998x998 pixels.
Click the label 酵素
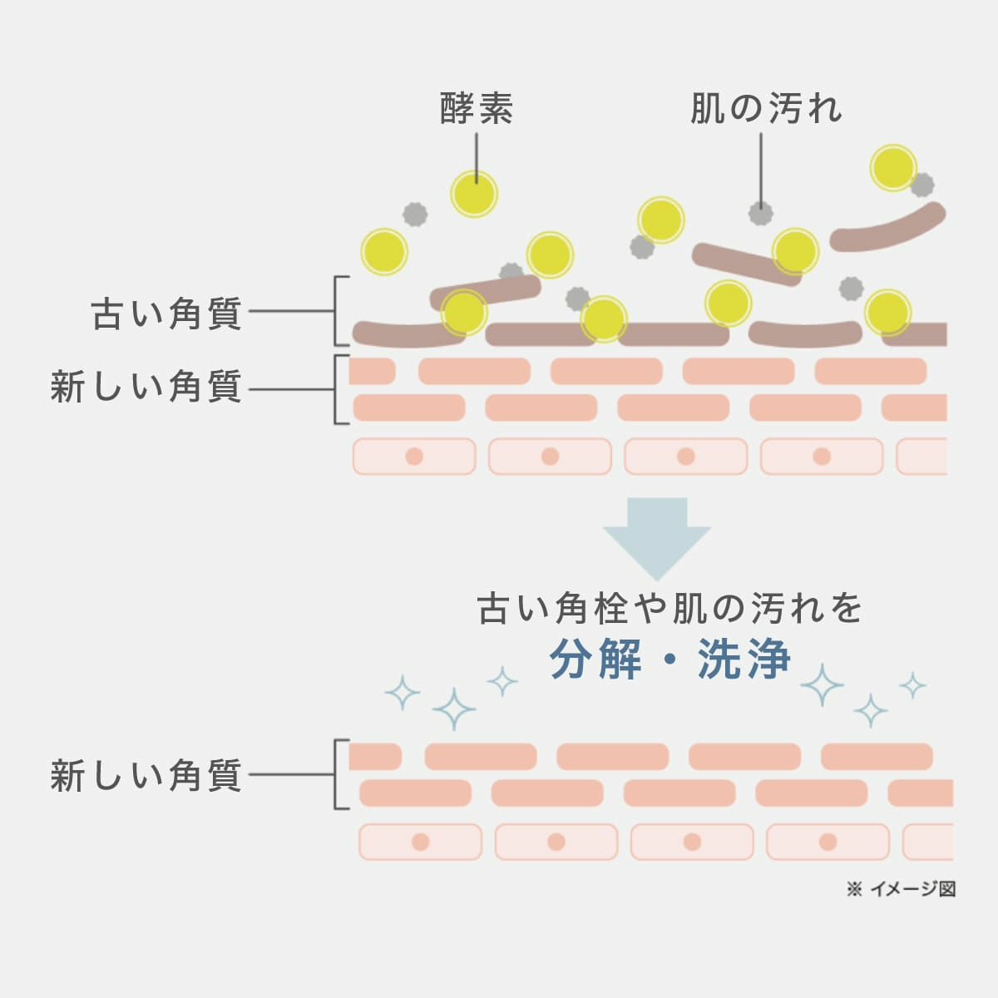[x=476, y=108]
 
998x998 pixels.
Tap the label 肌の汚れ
[x=765, y=108]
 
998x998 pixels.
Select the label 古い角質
[x=166, y=314]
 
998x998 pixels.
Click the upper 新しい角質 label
[x=146, y=388]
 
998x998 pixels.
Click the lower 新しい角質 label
[x=146, y=776]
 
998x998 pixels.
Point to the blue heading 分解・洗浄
[x=669, y=660]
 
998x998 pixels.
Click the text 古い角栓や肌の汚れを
[x=669, y=609]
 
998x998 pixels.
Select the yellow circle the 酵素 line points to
[x=474, y=195]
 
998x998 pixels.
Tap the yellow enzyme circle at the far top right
[x=893, y=168]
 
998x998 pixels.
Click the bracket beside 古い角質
[x=337, y=311]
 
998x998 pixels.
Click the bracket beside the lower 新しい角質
[x=337, y=774]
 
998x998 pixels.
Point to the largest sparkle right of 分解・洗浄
[x=822, y=685]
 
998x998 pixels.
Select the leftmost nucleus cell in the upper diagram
[x=414, y=457]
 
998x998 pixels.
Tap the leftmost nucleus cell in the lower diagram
[x=420, y=842]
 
